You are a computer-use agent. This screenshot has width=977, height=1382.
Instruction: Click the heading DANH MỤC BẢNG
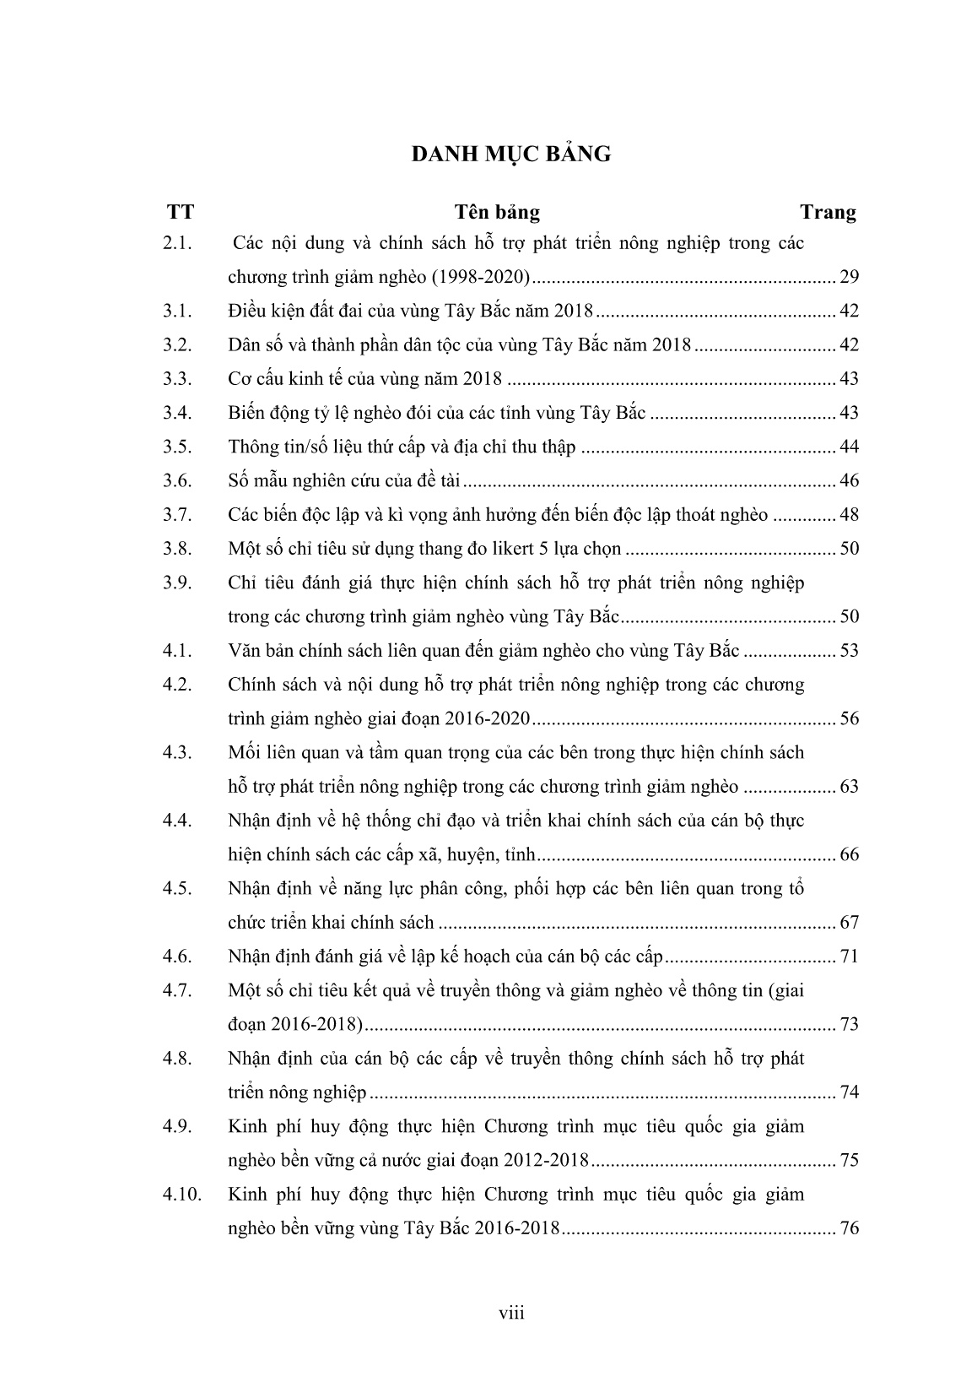[x=511, y=154]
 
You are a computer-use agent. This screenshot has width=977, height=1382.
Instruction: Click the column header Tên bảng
[x=497, y=212]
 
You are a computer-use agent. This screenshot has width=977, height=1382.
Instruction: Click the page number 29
[x=849, y=277]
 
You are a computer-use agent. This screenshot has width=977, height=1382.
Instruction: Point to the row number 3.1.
[x=178, y=311]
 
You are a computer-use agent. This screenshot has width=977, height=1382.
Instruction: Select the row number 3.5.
[x=178, y=447]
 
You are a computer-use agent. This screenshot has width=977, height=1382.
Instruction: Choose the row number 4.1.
[x=178, y=651]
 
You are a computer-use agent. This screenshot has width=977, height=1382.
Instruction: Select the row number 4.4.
[x=178, y=821]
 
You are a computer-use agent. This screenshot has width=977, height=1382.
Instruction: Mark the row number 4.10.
[x=182, y=1195]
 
